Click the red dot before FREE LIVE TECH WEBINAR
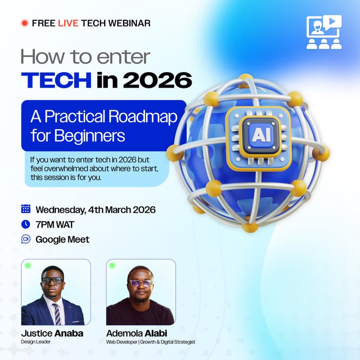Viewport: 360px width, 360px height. pos(25,22)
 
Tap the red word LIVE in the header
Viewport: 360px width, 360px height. pos(68,22)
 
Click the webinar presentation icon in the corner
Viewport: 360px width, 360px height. pos(324,31)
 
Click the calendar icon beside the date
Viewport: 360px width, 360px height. pos(26,209)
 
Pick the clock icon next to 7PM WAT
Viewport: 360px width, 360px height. pos(26,224)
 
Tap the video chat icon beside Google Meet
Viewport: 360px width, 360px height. pos(26,239)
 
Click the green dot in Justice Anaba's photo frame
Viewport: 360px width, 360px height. pos(28,265)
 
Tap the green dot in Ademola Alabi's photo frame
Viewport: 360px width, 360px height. pos(112,265)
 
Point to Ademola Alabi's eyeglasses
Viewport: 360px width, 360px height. pos(140,283)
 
